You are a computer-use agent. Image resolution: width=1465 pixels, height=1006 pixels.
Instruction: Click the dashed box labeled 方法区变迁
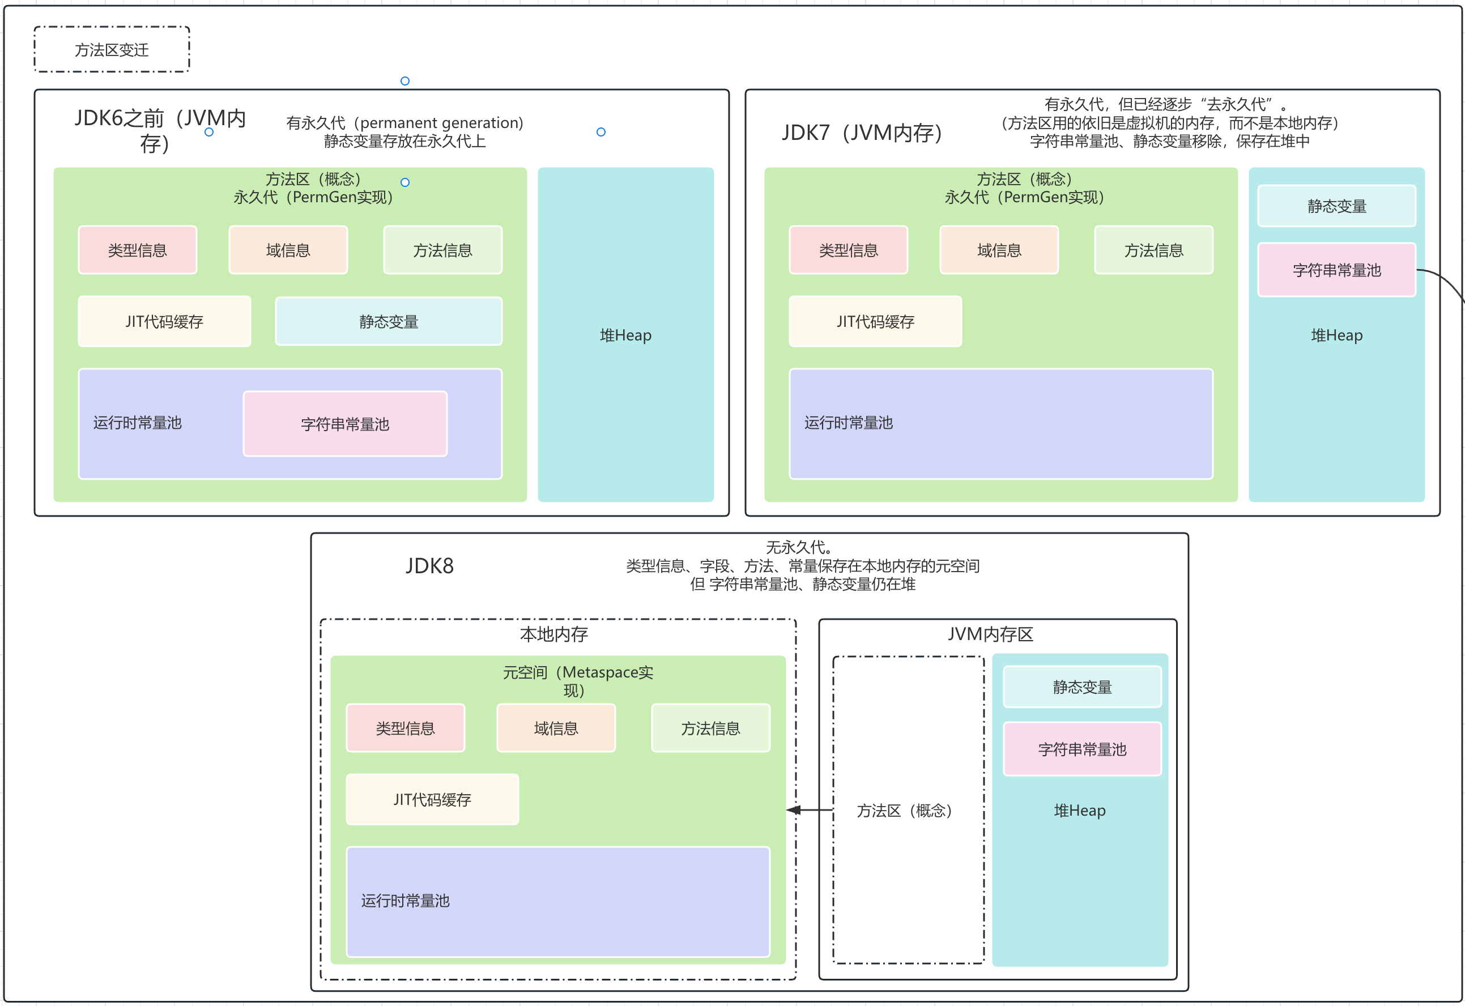[112, 50]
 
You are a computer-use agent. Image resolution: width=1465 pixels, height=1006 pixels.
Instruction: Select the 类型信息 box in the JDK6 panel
[138, 250]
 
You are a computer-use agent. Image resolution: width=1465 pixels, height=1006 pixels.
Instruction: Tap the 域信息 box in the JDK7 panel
[999, 250]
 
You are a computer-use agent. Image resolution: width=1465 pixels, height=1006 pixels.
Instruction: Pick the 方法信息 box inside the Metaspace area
[710, 728]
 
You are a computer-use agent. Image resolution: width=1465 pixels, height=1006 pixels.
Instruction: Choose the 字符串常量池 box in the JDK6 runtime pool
[345, 424]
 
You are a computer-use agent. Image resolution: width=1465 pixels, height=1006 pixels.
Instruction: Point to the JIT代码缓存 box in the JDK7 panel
[875, 322]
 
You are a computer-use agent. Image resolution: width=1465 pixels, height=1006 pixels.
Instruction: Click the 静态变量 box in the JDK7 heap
[1336, 206]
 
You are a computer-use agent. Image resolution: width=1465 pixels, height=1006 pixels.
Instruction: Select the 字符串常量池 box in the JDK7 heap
[1336, 270]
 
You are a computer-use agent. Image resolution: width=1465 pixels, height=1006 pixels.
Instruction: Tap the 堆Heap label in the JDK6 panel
[625, 335]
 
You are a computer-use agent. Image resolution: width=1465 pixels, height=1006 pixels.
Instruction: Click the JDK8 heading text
[429, 566]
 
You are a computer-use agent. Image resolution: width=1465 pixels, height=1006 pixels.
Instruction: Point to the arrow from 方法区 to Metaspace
[810, 810]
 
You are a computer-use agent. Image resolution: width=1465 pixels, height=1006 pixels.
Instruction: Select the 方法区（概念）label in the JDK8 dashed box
[904, 811]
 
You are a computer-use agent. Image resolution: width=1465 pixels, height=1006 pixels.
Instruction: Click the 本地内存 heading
[553, 634]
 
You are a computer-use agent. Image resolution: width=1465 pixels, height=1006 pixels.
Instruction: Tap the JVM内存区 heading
[990, 634]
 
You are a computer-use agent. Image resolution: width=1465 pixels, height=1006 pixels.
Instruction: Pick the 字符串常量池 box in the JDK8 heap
[1081, 749]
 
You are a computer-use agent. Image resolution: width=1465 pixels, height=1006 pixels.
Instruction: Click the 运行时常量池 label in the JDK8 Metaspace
[405, 901]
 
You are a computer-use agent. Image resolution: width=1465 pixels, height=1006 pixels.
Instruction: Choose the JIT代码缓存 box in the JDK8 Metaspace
[432, 800]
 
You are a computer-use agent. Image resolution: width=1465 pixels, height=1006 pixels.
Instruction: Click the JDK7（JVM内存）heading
[862, 133]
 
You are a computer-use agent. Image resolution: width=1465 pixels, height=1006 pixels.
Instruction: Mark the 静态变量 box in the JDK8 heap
[1081, 687]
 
